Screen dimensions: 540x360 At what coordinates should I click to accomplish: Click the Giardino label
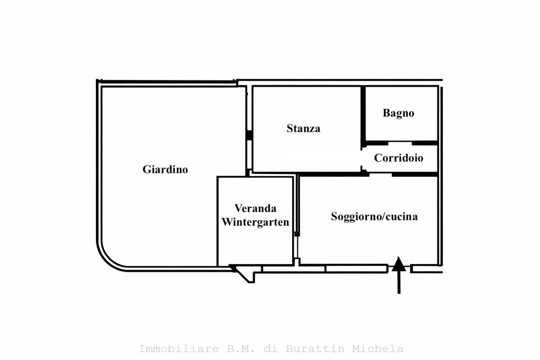(165, 169)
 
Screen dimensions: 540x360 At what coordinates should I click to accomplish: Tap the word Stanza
(303, 129)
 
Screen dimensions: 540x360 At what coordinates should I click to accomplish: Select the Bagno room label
(399, 113)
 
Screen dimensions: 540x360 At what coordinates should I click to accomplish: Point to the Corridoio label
(399, 158)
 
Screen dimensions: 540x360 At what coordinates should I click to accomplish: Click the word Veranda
(256, 208)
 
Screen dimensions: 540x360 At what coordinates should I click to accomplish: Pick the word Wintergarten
(255, 222)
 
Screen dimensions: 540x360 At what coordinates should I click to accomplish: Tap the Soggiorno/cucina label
(374, 217)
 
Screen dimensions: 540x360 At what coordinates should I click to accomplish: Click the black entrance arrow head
(399, 264)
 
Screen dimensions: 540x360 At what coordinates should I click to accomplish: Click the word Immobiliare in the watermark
(179, 348)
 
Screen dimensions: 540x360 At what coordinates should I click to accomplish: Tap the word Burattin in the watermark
(315, 348)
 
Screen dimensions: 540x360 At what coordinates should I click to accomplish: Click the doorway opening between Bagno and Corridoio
(400, 143)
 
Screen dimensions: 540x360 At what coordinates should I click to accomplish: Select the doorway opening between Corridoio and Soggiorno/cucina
(381, 174)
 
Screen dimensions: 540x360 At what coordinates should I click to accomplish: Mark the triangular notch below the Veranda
(245, 274)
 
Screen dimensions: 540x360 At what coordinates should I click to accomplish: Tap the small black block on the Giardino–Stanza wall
(249, 135)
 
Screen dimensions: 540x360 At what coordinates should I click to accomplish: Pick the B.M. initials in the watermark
(240, 348)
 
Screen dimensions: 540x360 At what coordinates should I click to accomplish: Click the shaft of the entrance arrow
(399, 283)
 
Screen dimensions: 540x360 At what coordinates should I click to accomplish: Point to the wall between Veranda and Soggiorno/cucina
(297, 220)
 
